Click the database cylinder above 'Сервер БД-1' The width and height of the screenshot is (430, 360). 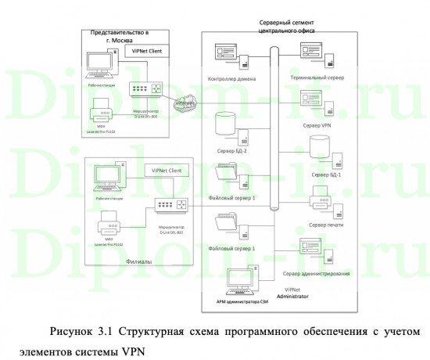point(320,146)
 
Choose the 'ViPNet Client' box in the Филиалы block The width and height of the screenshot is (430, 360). point(169,170)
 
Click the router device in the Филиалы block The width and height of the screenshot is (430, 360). point(172,205)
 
